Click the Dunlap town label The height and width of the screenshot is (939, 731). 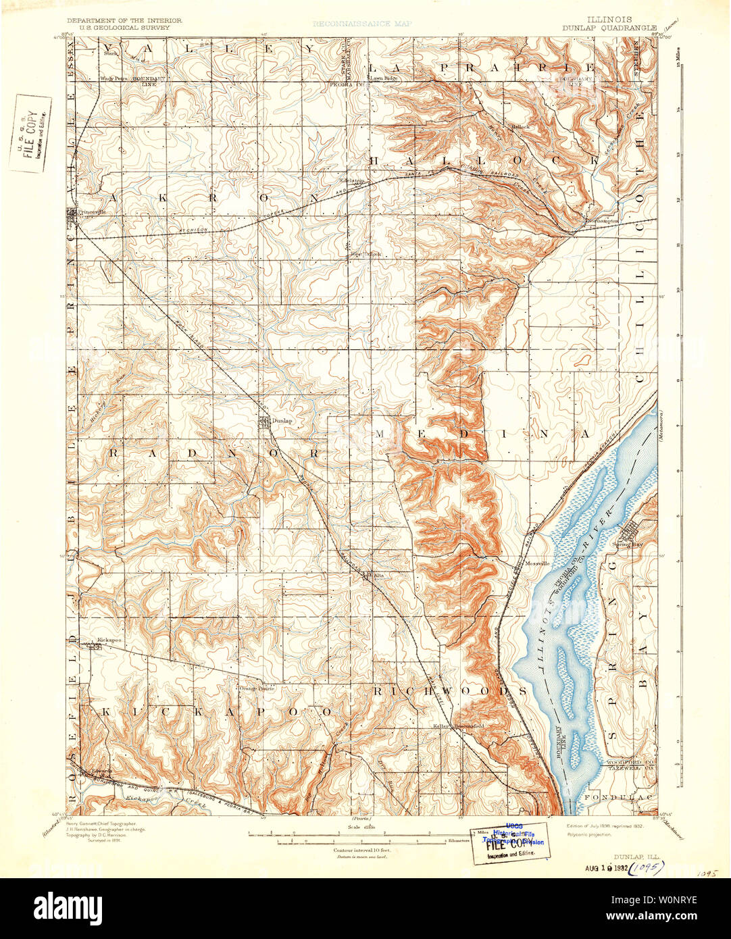tap(282, 420)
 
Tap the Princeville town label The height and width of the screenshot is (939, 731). tap(93, 211)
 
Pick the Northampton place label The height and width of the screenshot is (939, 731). tap(602, 221)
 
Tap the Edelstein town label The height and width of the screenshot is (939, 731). tap(351, 181)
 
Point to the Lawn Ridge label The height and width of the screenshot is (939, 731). tap(382, 78)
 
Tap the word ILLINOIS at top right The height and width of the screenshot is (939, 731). tap(610, 20)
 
